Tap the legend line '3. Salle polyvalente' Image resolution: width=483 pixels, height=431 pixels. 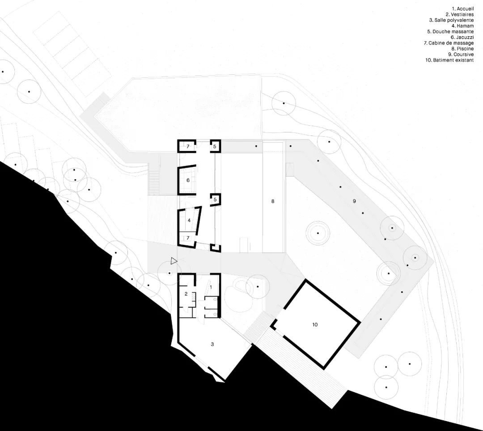(x=451, y=20)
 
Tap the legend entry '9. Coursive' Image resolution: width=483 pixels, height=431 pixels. (x=461, y=55)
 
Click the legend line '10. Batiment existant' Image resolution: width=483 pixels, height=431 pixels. (x=449, y=60)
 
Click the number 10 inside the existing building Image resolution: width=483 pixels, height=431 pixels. (x=315, y=325)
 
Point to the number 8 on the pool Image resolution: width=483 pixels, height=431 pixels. (x=273, y=202)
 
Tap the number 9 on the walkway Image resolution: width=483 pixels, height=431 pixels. (x=354, y=202)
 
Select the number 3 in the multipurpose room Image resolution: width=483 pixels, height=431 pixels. (x=212, y=344)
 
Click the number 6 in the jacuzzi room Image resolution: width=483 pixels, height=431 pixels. (x=188, y=180)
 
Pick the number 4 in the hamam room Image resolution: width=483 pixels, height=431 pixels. (x=189, y=220)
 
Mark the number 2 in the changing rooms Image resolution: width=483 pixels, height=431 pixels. (x=186, y=294)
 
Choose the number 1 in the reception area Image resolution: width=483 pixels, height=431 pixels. (x=212, y=283)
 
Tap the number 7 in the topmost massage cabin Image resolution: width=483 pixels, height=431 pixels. (x=188, y=147)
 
